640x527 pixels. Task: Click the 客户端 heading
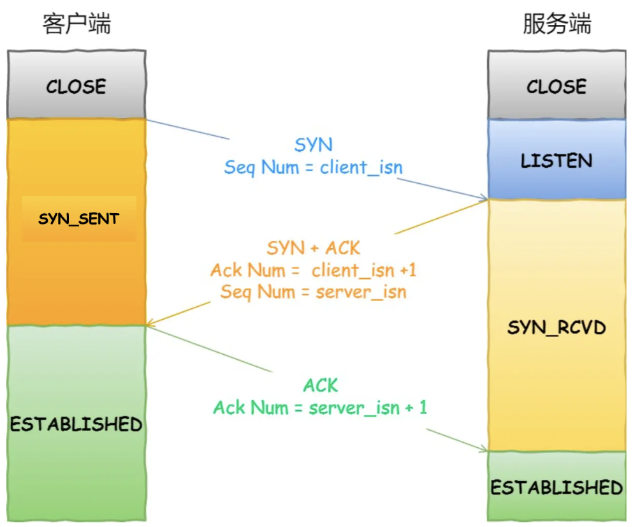click(x=77, y=24)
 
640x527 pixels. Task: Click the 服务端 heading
click(x=556, y=24)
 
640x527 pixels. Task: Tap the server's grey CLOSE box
click(x=556, y=86)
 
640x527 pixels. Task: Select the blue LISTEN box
click(x=556, y=160)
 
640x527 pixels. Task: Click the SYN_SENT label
click(x=78, y=219)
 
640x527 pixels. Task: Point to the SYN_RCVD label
click(x=556, y=328)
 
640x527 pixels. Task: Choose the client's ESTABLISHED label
click(x=76, y=424)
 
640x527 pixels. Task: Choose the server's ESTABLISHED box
click(x=556, y=487)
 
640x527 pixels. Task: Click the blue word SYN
click(x=313, y=145)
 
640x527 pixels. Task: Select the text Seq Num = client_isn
click(x=313, y=168)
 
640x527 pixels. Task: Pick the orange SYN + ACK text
click(x=313, y=248)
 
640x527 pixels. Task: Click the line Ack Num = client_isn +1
click(x=313, y=270)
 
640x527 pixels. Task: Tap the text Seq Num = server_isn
click(x=313, y=292)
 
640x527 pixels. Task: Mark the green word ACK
click(x=320, y=385)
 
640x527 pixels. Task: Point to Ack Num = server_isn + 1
click(x=320, y=407)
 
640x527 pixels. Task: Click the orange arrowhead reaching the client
click(x=149, y=323)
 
